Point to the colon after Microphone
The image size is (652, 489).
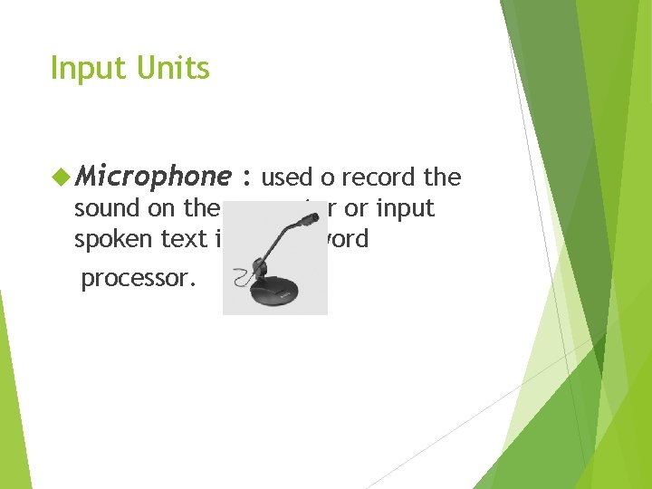coord(245,177)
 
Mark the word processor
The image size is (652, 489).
coord(139,279)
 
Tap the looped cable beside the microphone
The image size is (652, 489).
coord(242,277)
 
